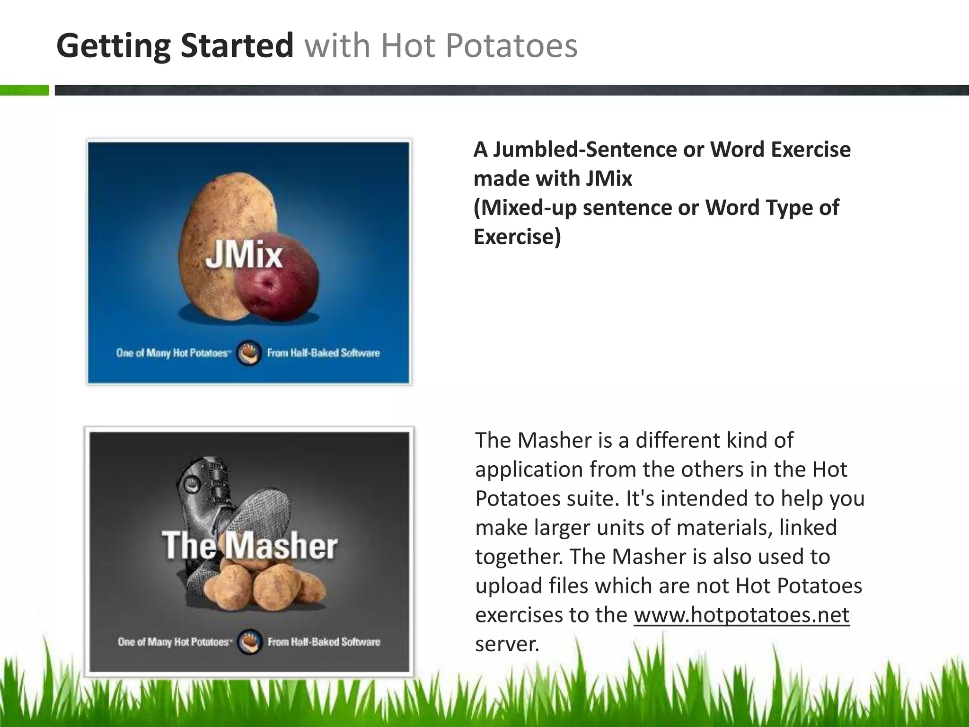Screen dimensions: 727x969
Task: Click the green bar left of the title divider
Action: click(x=24, y=90)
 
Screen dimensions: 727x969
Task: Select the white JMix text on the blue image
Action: click(x=244, y=256)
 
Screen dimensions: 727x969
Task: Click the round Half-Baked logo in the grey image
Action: click(x=249, y=642)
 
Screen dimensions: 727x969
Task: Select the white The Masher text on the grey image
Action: click(x=250, y=545)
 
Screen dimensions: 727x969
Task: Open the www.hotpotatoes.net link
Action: click(x=741, y=615)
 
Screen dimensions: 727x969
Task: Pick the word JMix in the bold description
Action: click(x=609, y=179)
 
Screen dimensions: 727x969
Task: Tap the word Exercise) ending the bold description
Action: click(x=517, y=237)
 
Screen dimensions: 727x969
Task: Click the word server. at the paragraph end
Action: click(x=507, y=644)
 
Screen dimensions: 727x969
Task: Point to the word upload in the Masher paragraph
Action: click(x=508, y=586)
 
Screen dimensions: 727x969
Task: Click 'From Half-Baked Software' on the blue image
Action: click(x=324, y=353)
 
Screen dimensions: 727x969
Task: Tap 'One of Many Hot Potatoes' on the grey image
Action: click(x=175, y=642)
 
